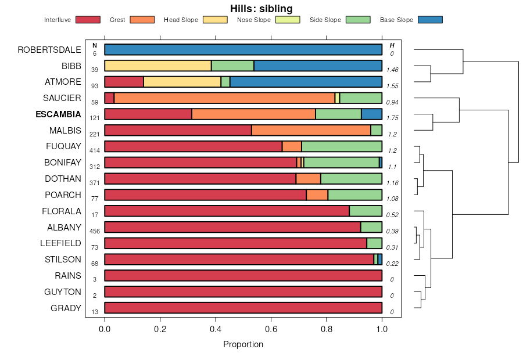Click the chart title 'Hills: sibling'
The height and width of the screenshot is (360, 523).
(x=261, y=8)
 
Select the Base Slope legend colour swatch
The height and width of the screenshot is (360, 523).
(x=430, y=20)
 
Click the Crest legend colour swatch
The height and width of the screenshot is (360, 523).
(x=142, y=20)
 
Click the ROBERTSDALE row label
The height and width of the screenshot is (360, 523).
(x=49, y=49)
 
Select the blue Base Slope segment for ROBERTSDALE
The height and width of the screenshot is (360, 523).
(x=243, y=49)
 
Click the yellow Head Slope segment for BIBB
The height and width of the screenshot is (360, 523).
(x=157, y=66)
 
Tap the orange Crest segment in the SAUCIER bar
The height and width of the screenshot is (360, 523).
(x=224, y=98)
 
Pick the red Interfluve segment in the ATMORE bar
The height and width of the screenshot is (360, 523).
(x=124, y=82)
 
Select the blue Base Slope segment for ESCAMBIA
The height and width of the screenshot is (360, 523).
(x=371, y=114)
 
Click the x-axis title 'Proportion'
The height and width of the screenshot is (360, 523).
(x=243, y=344)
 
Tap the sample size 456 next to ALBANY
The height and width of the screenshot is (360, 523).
(x=95, y=231)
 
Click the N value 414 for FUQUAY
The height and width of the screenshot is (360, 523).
(x=95, y=150)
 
